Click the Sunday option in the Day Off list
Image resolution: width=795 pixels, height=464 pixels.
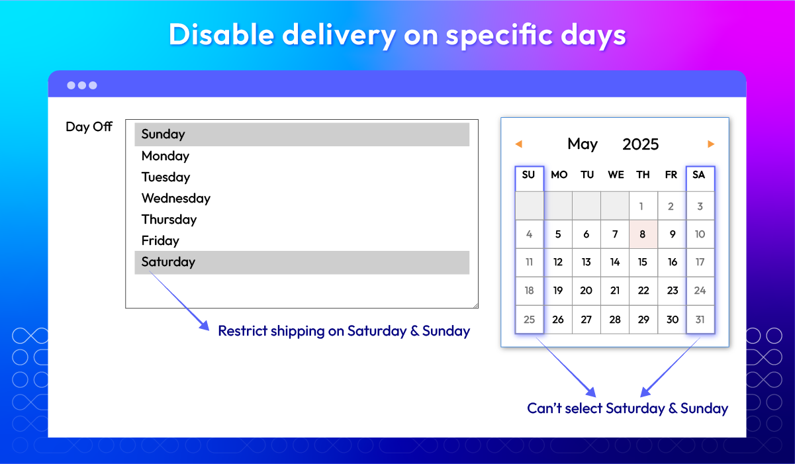click(x=302, y=134)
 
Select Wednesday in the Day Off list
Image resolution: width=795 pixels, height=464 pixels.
click(x=175, y=198)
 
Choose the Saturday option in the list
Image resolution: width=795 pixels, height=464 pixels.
click(x=302, y=262)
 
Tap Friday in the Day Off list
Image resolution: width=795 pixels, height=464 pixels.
click(x=160, y=241)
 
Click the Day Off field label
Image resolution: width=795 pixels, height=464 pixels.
click(x=89, y=126)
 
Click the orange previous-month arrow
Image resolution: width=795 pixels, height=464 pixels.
click(x=518, y=144)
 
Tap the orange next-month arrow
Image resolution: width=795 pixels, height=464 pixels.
click(x=711, y=144)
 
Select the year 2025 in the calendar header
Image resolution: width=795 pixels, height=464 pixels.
click(x=640, y=144)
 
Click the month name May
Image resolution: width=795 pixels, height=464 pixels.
click(x=583, y=144)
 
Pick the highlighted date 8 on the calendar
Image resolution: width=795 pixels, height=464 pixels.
click(x=643, y=234)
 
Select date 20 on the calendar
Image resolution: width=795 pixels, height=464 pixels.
click(x=586, y=291)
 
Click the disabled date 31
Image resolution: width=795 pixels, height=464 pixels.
click(x=700, y=320)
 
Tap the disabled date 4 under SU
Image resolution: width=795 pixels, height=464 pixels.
click(x=529, y=234)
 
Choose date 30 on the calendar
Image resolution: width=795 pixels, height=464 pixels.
click(x=672, y=320)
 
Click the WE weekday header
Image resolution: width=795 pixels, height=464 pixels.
click(x=616, y=175)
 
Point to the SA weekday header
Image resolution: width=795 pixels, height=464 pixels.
click(x=698, y=175)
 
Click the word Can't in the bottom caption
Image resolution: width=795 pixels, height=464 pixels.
click(x=544, y=408)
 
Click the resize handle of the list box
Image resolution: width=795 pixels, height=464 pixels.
click(x=475, y=305)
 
